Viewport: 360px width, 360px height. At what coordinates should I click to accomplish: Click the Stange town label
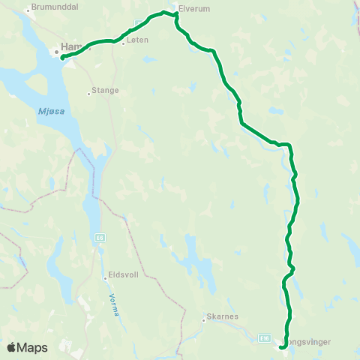point(105,90)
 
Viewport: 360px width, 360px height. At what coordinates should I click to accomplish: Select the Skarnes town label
point(223,316)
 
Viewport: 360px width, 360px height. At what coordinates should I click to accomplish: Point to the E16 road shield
point(265,338)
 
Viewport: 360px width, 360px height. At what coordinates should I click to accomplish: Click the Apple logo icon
point(11,347)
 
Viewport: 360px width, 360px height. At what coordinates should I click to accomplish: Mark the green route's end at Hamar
point(62,57)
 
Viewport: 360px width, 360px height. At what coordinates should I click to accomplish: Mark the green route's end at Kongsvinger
point(281,347)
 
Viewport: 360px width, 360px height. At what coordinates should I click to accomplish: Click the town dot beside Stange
point(88,93)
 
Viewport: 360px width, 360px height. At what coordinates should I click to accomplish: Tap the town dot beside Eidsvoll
point(105,278)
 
